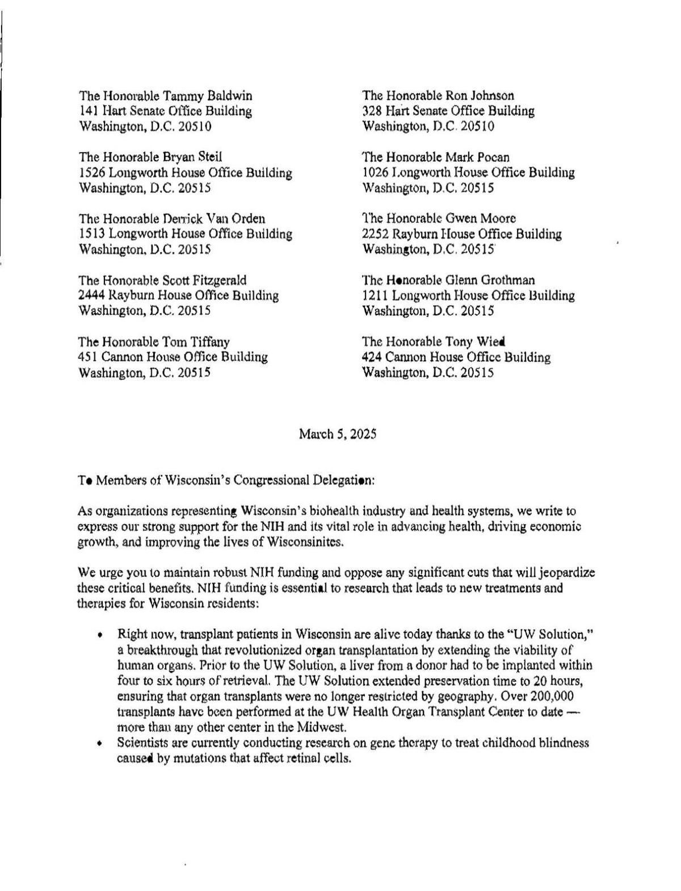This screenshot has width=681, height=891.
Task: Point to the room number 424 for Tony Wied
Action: click(x=372, y=357)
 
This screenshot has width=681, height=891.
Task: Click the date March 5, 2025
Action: click(x=338, y=435)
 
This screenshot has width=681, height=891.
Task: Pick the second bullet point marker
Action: click(x=100, y=743)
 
